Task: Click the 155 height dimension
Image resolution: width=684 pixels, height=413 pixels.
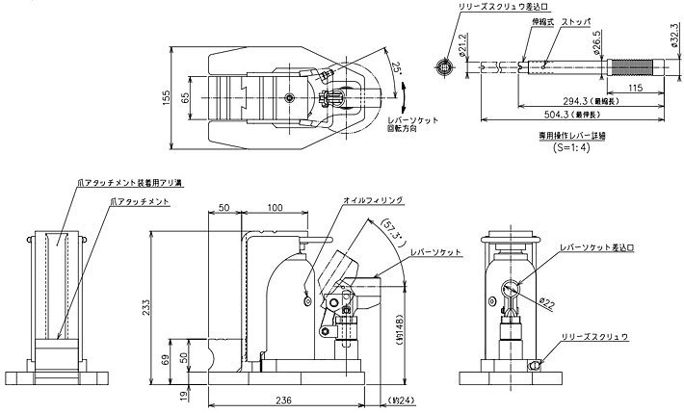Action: point(167,96)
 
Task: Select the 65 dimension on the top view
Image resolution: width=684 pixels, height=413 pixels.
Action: point(187,97)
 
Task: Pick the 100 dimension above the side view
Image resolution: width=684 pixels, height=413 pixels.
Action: point(275,208)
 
